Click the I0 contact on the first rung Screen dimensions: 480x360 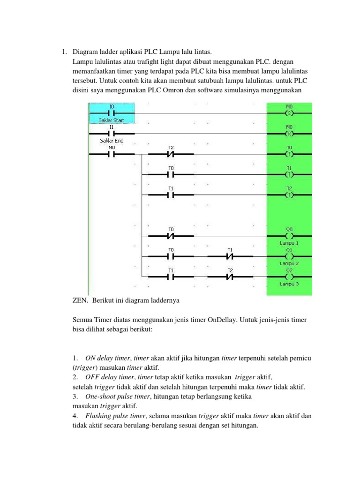tap(112, 113)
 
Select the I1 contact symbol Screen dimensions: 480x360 tap(112, 134)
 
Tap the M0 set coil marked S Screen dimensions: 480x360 tap(289, 113)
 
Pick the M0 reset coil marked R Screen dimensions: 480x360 tap(289, 134)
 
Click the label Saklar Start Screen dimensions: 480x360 tap(112, 120)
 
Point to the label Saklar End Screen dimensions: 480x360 tap(112, 140)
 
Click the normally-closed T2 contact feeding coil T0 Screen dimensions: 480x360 tap(171, 154)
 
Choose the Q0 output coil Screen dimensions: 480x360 tap(289, 236)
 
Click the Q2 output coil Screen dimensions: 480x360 tap(289, 277)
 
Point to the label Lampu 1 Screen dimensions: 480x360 tap(289, 243)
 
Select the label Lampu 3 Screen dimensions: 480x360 tap(289, 284)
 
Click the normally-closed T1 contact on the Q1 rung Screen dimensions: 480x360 tap(230, 256)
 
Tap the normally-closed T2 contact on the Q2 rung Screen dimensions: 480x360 tap(230, 277)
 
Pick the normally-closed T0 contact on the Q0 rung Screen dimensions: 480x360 tap(171, 236)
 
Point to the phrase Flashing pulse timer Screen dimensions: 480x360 tap(114, 416)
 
